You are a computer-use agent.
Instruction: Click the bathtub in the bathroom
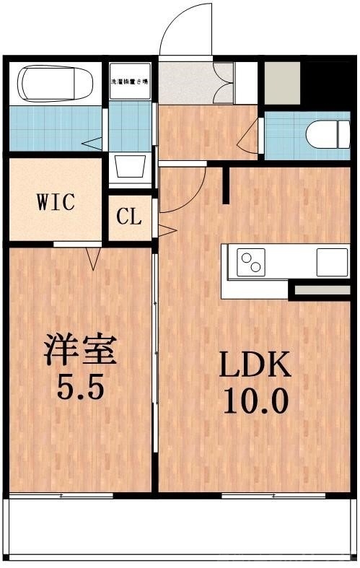coord(56,83)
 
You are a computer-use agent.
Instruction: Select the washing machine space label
coord(131,82)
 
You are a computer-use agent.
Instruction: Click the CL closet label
coord(131,217)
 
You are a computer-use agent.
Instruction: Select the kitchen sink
coord(331,261)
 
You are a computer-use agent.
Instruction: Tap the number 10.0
coord(255,399)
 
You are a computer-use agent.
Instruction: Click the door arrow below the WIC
coord(92,257)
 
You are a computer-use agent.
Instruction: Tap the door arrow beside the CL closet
coord(167,231)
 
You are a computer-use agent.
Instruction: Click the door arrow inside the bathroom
coord(92,144)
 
